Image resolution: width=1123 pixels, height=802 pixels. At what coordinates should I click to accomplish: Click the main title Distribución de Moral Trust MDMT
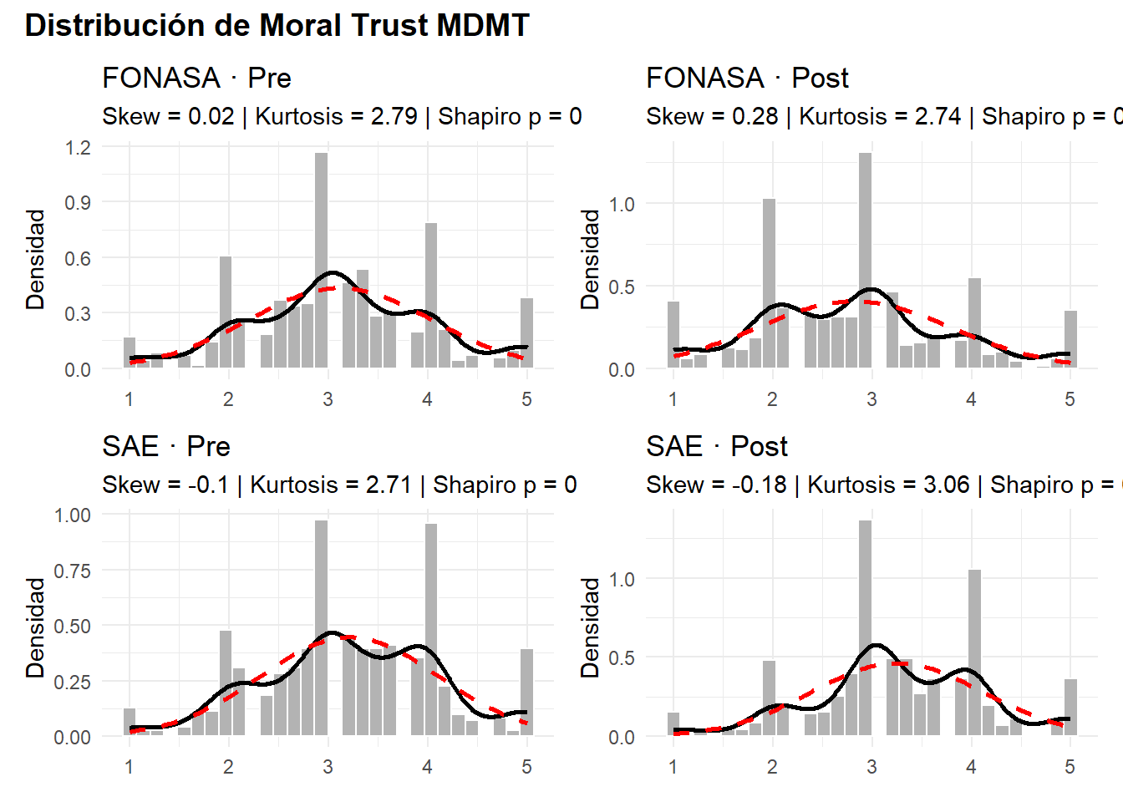[x=277, y=26]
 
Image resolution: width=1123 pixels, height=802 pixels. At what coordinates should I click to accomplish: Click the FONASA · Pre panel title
[x=196, y=79]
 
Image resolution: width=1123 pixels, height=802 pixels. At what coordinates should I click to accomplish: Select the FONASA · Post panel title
[x=747, y=79]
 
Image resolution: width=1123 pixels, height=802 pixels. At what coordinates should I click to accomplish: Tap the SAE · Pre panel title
[x=165, y=447]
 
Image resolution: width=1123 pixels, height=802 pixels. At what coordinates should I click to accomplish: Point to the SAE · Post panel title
[x=716, y=447]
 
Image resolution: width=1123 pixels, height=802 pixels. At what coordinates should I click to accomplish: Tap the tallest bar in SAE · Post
[x=865, y=627]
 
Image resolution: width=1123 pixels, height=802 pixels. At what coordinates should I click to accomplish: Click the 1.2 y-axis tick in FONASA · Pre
[x=78, y=148]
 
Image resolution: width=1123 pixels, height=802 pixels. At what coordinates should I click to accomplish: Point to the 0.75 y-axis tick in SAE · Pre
[x=73, y=571]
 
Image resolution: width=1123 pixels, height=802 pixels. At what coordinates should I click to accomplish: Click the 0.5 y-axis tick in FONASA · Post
[x=622, y=287]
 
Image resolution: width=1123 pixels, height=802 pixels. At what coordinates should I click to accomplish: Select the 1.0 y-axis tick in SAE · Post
[x=622, y=579]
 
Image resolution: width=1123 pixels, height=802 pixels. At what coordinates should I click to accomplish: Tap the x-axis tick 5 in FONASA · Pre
[x=526, y=399]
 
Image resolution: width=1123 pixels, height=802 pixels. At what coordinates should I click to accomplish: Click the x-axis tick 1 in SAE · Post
[x=673, y=767]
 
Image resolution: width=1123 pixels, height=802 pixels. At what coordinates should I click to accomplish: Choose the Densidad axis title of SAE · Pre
[x=35, y=627]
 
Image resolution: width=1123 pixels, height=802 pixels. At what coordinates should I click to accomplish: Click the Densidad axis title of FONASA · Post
[x=591, y=259]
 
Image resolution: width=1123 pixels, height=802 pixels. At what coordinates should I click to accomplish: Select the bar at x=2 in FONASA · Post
[x=769, y=284]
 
